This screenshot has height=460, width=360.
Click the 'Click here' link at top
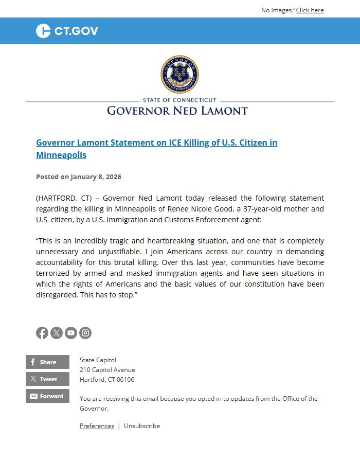click(310, 10)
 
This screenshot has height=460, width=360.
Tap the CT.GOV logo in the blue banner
click(67, 31)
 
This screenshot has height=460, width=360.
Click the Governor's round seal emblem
click(179, 75)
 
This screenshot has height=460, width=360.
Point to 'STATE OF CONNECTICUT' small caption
click(179, 100)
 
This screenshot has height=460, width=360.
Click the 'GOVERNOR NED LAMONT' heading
click(177, 111)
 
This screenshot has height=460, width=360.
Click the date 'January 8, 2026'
click(96, 176)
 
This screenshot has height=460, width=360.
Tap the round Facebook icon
click(42, 333)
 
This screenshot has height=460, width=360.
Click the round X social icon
click(57, 333)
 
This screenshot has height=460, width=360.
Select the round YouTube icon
click(71, 333)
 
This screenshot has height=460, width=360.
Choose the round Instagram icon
click(85, 333)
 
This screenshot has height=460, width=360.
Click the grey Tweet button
click(47, 379)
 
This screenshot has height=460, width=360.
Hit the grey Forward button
click(47, 396)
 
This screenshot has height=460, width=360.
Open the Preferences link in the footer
click(97, 426)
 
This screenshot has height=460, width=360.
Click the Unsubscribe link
click(142, 426)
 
